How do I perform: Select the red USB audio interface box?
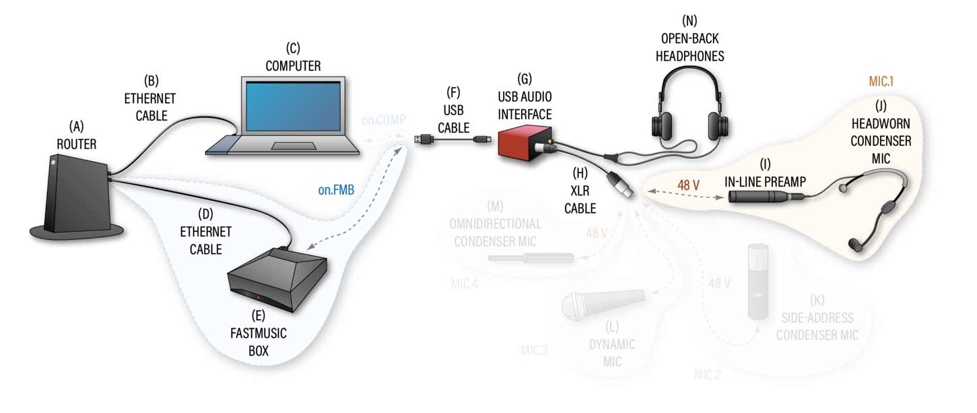[525, 142]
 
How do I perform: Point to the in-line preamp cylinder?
[757, 197]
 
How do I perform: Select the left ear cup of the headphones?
[663, 125]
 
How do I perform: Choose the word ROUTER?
[77, 144]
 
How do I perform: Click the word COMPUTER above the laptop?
[293, 66]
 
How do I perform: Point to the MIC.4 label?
[465, 284]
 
